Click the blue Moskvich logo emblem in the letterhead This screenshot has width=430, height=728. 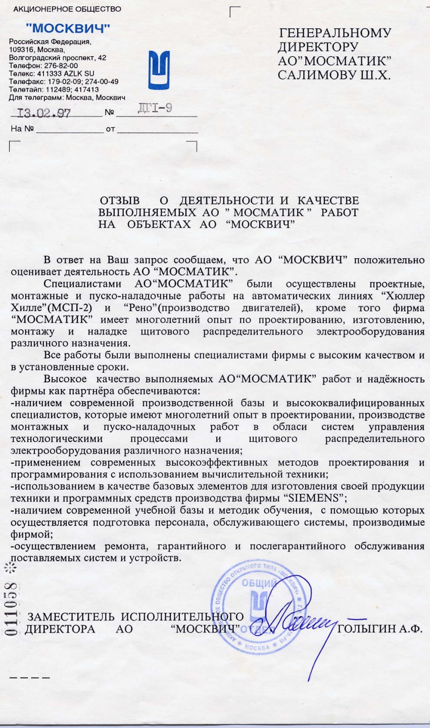click(x=159, y=70)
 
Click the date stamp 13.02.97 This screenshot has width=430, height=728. click(x=44, y=113)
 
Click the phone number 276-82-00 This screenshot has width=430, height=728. click(x=61, y=66)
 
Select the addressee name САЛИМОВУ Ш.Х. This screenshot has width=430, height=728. click(x=334, y=75)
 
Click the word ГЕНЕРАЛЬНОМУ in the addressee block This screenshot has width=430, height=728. click(x=335, y=33)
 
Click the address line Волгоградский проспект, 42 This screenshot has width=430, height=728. click(x=58, y=58)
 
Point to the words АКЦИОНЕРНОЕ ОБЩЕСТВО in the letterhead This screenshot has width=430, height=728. click(x=67, y=9)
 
